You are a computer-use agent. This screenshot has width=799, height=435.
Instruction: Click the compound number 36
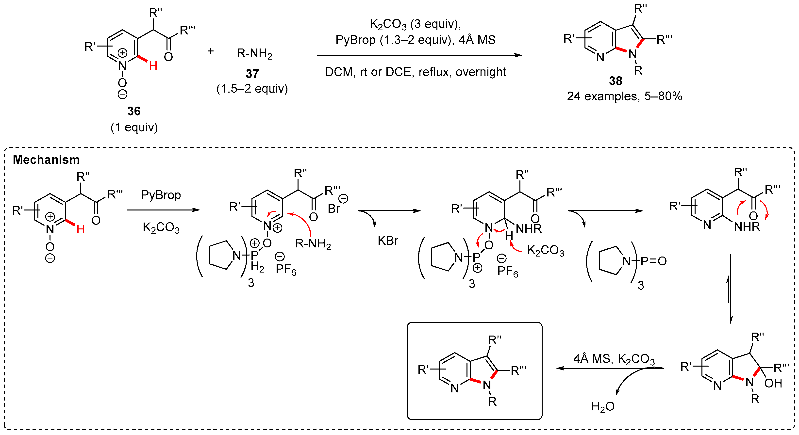pos(134,111)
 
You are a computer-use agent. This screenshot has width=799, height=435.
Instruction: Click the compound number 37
pos(252,74)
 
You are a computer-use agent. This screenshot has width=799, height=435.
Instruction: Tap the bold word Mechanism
pos(46,160)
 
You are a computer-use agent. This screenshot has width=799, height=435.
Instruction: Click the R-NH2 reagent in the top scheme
pos(254,54)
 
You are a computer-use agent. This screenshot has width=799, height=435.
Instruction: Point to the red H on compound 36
pos(153,66)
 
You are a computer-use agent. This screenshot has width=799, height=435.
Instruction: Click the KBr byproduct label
pos(388,241)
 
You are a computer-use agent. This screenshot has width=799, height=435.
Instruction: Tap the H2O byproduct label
pos(603,406)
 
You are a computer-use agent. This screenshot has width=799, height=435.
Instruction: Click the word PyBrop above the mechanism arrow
pos(161,195)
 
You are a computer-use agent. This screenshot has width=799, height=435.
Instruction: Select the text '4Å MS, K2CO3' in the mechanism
pos(614,359)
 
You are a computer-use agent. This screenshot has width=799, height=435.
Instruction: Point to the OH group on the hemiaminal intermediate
pos(773,384)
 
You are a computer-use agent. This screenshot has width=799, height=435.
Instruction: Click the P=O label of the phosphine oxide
pos(653,261)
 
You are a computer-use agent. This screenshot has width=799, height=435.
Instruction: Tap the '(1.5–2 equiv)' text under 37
pos(252,89)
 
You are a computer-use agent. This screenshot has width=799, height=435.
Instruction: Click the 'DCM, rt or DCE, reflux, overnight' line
pos(415,72)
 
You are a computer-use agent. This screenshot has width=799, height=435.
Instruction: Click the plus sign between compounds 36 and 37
pos(211,51)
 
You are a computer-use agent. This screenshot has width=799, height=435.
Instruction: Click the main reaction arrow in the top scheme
pos(419,55)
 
